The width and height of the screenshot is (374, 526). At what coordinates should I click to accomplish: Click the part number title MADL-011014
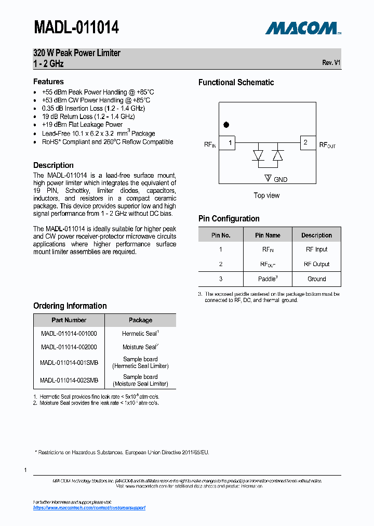76,27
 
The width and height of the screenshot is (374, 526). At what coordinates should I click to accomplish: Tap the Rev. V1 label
331,62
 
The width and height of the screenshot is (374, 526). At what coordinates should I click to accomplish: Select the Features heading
48,82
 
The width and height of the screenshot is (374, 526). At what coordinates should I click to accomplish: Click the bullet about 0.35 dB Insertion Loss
93,108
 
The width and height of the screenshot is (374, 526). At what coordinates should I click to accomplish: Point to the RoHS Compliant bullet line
107,142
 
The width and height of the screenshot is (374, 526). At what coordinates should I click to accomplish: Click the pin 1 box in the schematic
228,142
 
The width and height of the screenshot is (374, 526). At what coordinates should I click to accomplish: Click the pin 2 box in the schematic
308,142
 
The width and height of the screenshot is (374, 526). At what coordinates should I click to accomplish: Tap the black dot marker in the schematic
226,125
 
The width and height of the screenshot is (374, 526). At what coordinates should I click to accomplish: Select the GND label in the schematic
280,179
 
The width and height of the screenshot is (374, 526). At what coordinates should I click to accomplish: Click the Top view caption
266,195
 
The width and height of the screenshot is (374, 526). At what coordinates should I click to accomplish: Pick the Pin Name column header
268,235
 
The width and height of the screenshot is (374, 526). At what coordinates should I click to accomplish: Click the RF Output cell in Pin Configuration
316,264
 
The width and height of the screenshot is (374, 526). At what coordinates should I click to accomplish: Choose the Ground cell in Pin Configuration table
316,279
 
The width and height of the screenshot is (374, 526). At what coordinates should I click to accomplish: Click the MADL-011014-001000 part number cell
69,334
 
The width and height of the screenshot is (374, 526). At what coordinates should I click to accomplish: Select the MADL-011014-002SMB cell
69,380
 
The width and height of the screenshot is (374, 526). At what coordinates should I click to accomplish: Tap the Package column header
140,320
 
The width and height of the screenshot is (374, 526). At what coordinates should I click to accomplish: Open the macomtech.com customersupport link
89,507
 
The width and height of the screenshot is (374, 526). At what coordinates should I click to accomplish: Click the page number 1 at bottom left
25,470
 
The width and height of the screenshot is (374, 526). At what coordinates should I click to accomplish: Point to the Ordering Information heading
70,306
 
